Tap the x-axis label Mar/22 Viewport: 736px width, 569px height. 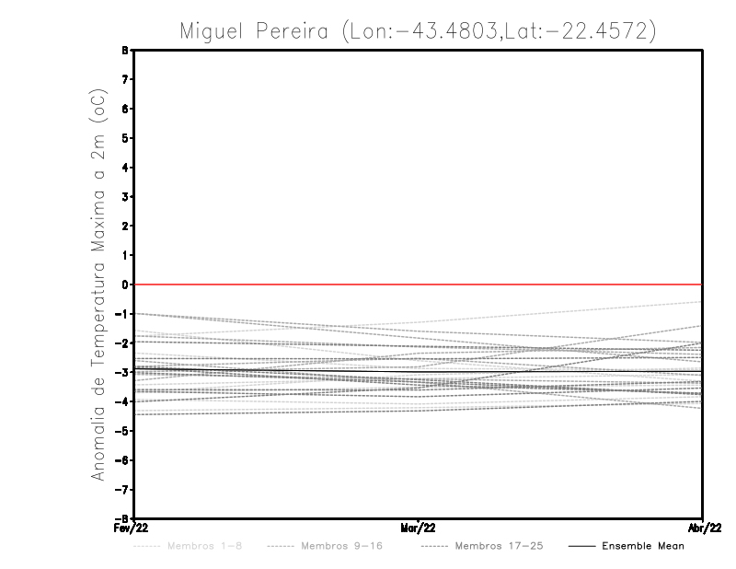coord(418,528)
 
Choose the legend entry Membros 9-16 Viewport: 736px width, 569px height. coord(341,546)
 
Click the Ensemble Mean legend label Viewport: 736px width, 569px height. coord(643,546)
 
